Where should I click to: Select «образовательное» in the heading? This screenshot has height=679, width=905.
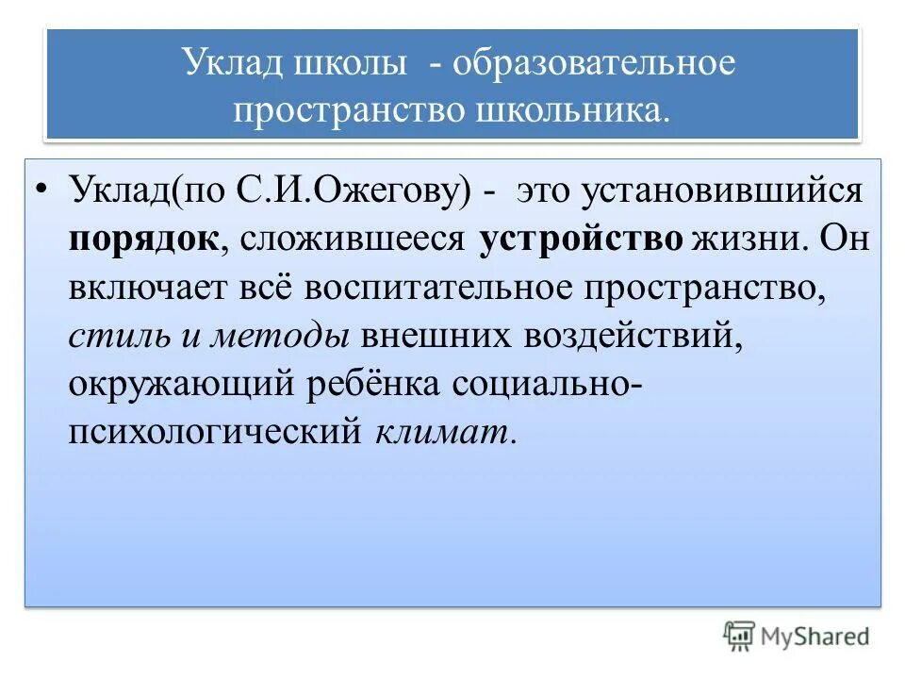pos(592,65)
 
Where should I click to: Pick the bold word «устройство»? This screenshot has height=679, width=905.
pos(581,239)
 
